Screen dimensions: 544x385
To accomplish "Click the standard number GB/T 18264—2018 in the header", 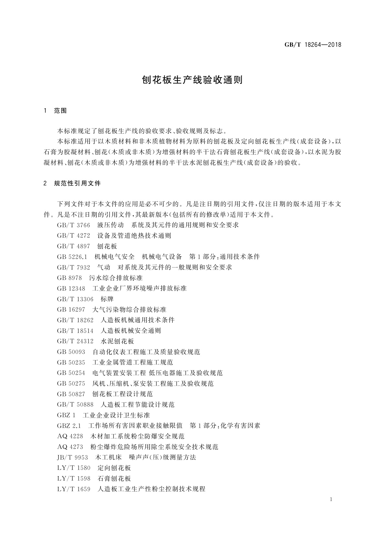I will click(x=313, y=45).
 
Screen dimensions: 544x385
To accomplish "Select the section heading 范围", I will click(x=60, y=111).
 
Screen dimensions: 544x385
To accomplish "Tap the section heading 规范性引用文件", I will click(x=78, y=183).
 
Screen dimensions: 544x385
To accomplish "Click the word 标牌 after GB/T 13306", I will click(x=107, y=299).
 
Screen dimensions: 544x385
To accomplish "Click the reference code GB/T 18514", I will click(x=75, y=331).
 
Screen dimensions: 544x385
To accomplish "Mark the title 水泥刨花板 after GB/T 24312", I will click(x=117, y=341).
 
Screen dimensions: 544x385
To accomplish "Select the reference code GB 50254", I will click(x=71, y=373).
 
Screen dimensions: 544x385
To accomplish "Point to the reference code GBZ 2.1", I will click(x=69, y=426).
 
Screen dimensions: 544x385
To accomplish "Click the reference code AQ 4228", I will click(x=70, y=436).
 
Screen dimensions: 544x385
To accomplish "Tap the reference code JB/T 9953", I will click(x=72, y=457).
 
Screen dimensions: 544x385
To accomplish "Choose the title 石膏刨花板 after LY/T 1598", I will click(x=114, y=478).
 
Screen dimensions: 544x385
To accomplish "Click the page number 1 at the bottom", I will click(x=331, y=499).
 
